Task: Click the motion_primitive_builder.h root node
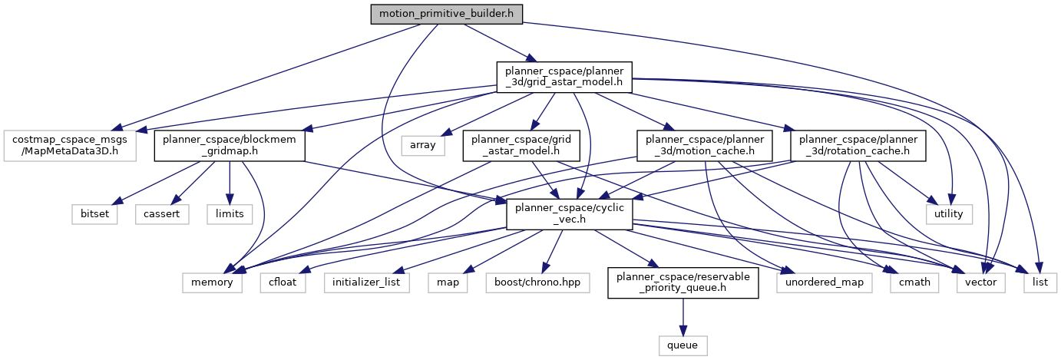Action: (446, 14)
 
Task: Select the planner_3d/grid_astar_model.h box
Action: (564, 76)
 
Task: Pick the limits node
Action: (230, 213)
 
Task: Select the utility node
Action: (948, 213)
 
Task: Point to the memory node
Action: (213, 282)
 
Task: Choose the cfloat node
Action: (283, 282)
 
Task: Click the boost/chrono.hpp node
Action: (532, 282)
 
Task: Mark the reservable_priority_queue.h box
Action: (683, 282)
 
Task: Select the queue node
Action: (683, 345)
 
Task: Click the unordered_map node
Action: (824, 282)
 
